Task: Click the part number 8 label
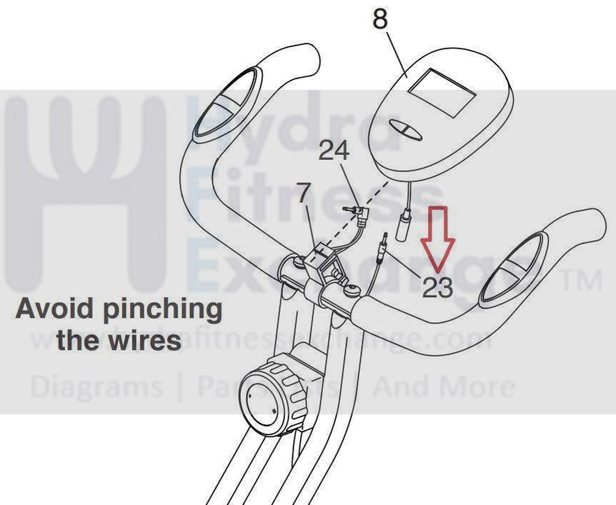pos(379,20)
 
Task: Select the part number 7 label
pos(303,193)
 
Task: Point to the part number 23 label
pos(437,288)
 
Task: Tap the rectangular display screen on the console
pos(443,94)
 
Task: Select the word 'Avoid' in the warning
pos(52,309)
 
